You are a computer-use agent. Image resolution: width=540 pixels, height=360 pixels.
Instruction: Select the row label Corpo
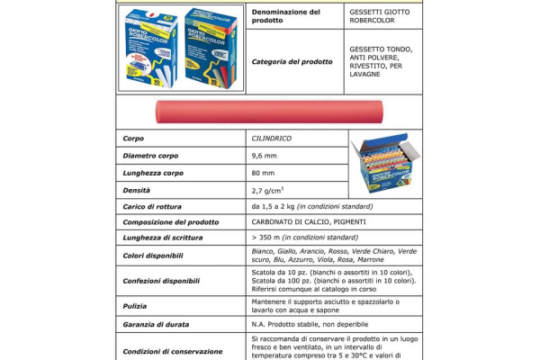[133, 139]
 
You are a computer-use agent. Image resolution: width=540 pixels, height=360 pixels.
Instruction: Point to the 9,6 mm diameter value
[265, 156]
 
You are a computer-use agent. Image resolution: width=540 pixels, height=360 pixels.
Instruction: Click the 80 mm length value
[264, 173]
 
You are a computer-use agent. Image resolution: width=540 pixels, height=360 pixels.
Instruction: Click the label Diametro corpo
[153, 156]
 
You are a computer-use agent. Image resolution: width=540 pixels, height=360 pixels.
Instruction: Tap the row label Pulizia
[136, 306]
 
